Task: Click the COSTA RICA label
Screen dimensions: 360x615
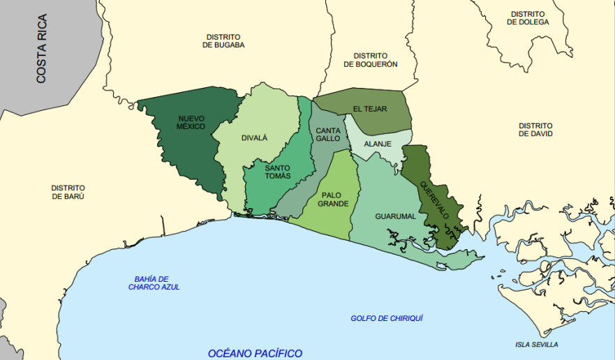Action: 41,49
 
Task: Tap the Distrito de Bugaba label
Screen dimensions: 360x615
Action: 223,41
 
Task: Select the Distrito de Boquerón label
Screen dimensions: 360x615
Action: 370,60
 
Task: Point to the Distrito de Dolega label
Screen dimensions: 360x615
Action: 528,18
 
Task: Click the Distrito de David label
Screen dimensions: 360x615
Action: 535,130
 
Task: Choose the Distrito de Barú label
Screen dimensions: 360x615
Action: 68,192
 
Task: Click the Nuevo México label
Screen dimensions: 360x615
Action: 191,122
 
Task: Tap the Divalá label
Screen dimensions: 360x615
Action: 254,138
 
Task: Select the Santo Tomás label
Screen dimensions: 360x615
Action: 277,172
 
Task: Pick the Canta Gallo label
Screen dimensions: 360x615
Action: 327,135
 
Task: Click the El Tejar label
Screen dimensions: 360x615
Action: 369,109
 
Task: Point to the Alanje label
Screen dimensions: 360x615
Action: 378,144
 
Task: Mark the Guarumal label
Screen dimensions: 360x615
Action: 395,216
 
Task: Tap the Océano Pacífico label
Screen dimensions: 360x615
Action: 255,353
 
